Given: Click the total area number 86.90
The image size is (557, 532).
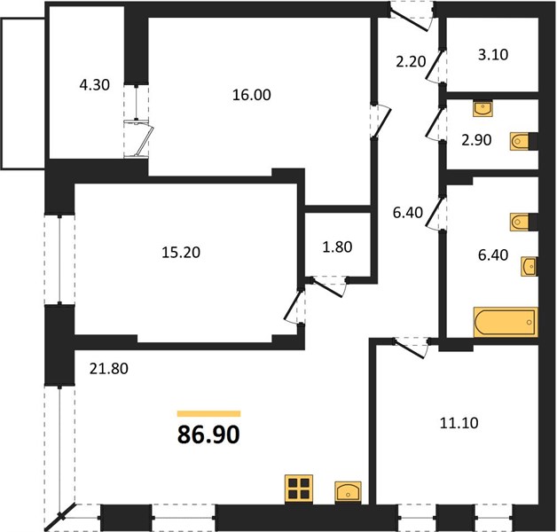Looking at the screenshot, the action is click(x=208, y=434).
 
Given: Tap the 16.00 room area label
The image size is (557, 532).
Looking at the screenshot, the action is click(x=252, y=95).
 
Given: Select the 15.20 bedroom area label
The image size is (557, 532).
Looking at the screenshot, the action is click(x=181, y=252).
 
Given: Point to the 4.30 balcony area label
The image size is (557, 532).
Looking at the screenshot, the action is click(x=94, y=85).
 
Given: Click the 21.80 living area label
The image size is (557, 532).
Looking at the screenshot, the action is click(x=109, y=369).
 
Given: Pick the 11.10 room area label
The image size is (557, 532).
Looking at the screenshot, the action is click(x=459, y=423).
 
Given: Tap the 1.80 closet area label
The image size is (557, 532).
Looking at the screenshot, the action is click(x=337, y=246).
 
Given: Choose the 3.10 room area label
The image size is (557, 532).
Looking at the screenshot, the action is click(x=493, y=54).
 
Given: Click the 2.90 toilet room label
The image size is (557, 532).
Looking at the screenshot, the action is click(x=476, y=140).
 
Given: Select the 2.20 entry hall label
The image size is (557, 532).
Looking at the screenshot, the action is click(x=411, y=61).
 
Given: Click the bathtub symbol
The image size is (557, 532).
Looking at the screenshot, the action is click(x=506, y=322).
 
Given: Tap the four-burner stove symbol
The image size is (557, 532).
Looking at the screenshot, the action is click(x=299, y=489).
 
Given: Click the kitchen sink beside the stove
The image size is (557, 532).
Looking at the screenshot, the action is click(x=348, y=492).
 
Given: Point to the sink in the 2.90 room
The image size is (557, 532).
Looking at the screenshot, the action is click(x=482, y=108).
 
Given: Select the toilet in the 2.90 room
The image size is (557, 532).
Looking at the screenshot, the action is click(x=520, y=141).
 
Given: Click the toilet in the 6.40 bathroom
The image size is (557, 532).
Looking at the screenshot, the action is click(x=520, y=223).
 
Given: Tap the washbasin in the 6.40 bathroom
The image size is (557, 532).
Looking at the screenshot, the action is click(x=529, y=266).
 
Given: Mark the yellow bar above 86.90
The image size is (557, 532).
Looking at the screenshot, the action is click(x=209, y=413).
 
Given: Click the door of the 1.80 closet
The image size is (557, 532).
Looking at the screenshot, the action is click(x=328, y=288).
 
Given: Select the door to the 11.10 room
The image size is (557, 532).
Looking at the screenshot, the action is click(x=410, y=349).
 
